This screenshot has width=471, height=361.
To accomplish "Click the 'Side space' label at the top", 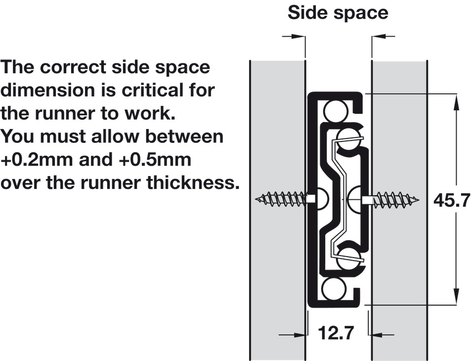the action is [338, 13].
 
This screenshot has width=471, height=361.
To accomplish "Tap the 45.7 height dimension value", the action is [451, 200].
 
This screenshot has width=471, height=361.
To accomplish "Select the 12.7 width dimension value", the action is [336, 333].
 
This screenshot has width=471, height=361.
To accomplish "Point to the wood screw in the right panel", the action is [391, 199].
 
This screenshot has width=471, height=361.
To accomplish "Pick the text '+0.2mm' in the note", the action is [37, 160].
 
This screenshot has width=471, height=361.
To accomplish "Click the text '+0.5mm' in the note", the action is [155, 160].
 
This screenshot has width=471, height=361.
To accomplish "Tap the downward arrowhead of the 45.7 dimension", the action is [456, 296].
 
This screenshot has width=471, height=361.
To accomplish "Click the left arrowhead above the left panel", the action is [297, 37].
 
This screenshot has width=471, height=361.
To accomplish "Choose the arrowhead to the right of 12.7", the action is [376, 334].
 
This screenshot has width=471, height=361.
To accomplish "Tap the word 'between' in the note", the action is [184, 136].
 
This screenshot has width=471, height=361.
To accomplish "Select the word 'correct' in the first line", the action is [73, 67].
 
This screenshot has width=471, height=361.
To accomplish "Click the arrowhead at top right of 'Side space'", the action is [380, 37].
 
